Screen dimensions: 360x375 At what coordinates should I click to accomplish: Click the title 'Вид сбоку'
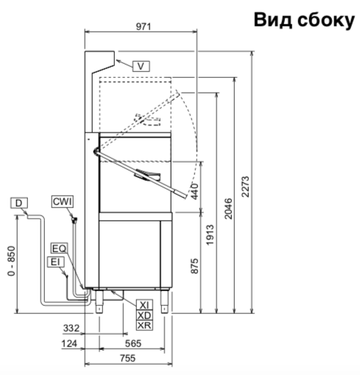(x=304, y=21)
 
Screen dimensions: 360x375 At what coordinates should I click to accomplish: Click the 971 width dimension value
(x=144, y=26)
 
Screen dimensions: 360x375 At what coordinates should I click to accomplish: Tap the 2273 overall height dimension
(x=245, y=187)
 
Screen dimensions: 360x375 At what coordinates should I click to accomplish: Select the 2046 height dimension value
(x=228, y=208)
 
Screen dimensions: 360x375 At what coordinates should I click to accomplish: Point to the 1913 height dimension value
(x=210, y=235)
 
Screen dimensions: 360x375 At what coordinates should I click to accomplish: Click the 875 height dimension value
(x=194, y=265)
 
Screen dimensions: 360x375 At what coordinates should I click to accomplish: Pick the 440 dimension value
(x=194, y=192)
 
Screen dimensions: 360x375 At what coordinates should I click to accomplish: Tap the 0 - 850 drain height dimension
(x=12, y=261)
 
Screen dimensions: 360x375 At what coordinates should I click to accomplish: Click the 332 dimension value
(x=71, y=328)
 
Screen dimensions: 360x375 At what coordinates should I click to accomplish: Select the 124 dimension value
(x=69, y=343)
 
